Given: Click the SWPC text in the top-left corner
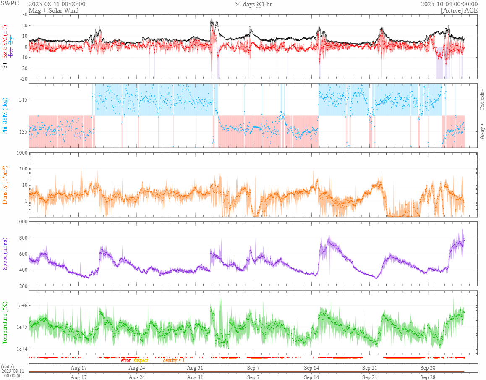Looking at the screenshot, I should click(10, 3).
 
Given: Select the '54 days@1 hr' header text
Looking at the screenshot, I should click(253, 4).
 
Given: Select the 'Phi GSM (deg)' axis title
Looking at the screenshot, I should click(5, 116).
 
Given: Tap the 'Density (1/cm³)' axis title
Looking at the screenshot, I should click(5, 185).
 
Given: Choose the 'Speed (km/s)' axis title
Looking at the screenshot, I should click(5, 254).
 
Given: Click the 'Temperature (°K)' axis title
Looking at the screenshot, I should click(5, 322).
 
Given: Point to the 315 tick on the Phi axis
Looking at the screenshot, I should click(23, 100).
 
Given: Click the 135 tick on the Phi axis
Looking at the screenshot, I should click(23, 132).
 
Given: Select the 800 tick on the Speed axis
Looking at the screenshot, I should click(23, 238).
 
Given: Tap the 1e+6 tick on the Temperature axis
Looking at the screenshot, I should click(21, 305).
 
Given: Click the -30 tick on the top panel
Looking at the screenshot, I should click(23, 79).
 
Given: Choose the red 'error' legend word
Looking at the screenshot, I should click(125, 360).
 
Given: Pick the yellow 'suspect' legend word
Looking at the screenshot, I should click(141, 360).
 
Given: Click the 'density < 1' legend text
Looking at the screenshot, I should click(173, 360).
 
